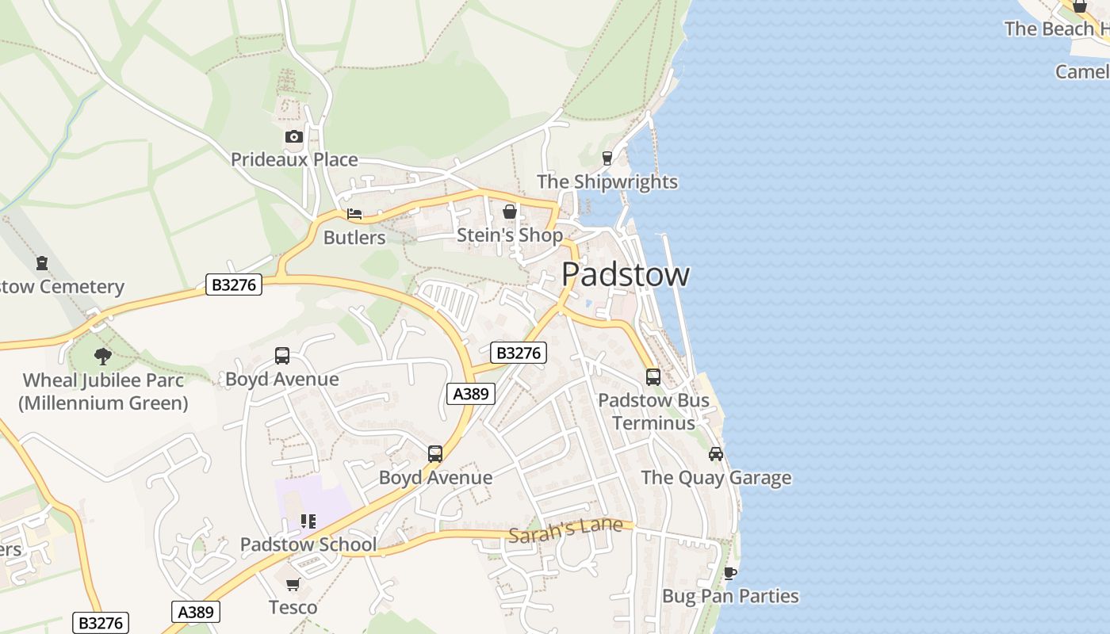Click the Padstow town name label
(x=626, y=274)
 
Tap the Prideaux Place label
(x=294, y=159)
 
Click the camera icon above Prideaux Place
(x=294, y=137)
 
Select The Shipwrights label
(x=607, y=181)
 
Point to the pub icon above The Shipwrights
(x=607, y=158)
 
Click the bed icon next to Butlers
(x=354, y=214)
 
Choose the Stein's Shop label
(x=510, y=235)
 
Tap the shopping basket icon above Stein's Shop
(x=510, y=212)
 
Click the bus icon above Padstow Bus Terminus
(x=653, y=377)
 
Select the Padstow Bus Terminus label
(x=653, y=411)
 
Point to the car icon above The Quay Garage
(x=716, y=454)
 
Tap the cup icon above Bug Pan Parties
(x=730, y=572)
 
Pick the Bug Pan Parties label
(x=730, y=596)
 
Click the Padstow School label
(x=308, y=544)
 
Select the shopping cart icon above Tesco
(x=293, y=585)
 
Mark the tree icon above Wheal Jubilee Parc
(x=103, y=357)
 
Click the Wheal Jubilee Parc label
(x=103, y=391)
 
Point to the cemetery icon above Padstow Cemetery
(x=42, y=263)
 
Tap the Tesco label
(x=293, y=608)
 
